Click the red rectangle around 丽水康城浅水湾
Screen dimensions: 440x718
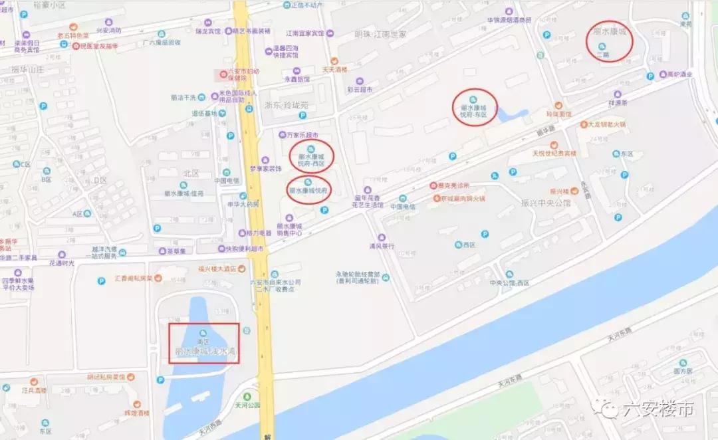click(x=203, y=343)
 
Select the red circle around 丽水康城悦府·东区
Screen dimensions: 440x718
click(x=473, y=108)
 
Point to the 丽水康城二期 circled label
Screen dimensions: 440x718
click(x=608, y=41)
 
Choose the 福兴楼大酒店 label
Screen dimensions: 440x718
click(x=217, y=269)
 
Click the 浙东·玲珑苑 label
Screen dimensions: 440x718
click(x=287, y=105)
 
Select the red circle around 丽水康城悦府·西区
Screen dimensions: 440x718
click(x=312, y=155)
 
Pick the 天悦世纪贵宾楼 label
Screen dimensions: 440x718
click(x=553, y=153)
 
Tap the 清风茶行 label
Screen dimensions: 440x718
click(x=382, y=245)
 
